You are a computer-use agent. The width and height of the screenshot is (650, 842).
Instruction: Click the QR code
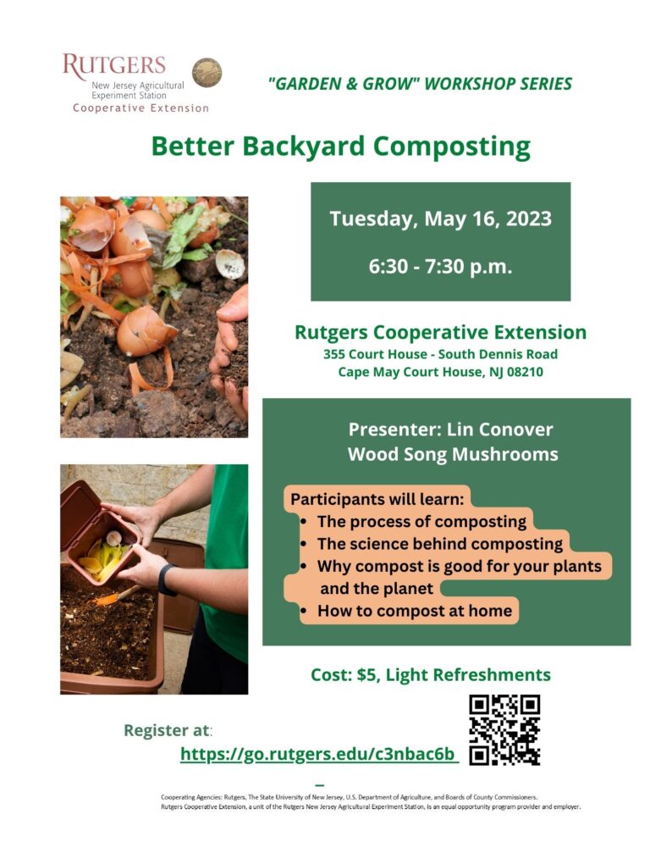click(504, 730)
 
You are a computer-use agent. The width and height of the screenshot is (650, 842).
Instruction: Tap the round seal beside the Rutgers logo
click(207, 73)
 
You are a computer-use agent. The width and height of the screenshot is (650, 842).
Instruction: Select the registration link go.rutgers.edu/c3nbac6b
click(319, 754)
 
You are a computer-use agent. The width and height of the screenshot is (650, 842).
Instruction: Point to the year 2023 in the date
click(529, 219)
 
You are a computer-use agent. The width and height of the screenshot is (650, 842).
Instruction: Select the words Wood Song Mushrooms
click(453, 454)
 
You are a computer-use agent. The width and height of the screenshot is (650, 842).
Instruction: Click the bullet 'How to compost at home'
click(414, 611)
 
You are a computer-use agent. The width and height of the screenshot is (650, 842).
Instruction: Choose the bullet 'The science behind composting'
click(439, 544)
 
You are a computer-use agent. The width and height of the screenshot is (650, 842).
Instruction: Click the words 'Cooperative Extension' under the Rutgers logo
click(140, 108)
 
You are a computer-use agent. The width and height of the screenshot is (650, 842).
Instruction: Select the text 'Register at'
click(166, 730)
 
